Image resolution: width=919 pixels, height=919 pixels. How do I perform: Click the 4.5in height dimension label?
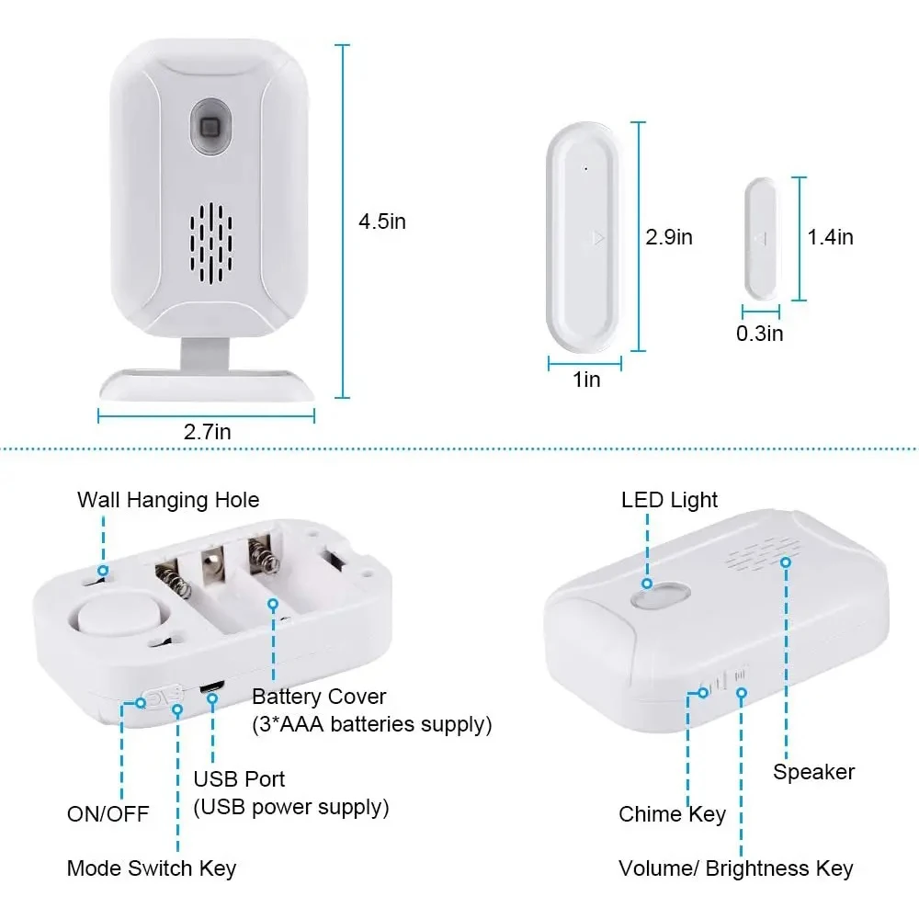coord(382,221)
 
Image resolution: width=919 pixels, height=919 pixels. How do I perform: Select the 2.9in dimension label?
coord(669,237)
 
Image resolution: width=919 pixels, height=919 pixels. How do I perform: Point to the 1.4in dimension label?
coord(830,237)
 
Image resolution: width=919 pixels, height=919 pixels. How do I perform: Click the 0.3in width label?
coord(759,333)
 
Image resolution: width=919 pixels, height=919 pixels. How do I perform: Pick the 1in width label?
coord(586,379)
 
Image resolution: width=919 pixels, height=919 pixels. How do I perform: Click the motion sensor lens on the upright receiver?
coord(208,126)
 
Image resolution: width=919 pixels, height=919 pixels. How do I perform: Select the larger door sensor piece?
coord(584,237)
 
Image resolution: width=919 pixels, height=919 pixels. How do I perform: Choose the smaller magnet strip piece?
coord(761,237)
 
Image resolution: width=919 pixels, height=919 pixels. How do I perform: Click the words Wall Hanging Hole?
coord(168,500)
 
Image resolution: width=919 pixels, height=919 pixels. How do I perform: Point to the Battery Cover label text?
coord(320,697)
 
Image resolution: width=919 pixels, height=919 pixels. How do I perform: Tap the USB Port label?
coord(239,779)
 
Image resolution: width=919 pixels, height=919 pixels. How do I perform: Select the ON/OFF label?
coord(108,813)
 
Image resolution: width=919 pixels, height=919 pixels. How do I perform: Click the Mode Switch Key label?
coord(152,868)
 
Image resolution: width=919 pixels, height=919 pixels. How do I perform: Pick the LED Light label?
coord(669,500)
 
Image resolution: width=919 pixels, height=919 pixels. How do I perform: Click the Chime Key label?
coord(672,813)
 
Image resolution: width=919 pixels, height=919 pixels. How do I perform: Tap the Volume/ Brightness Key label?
coord(735,868)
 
